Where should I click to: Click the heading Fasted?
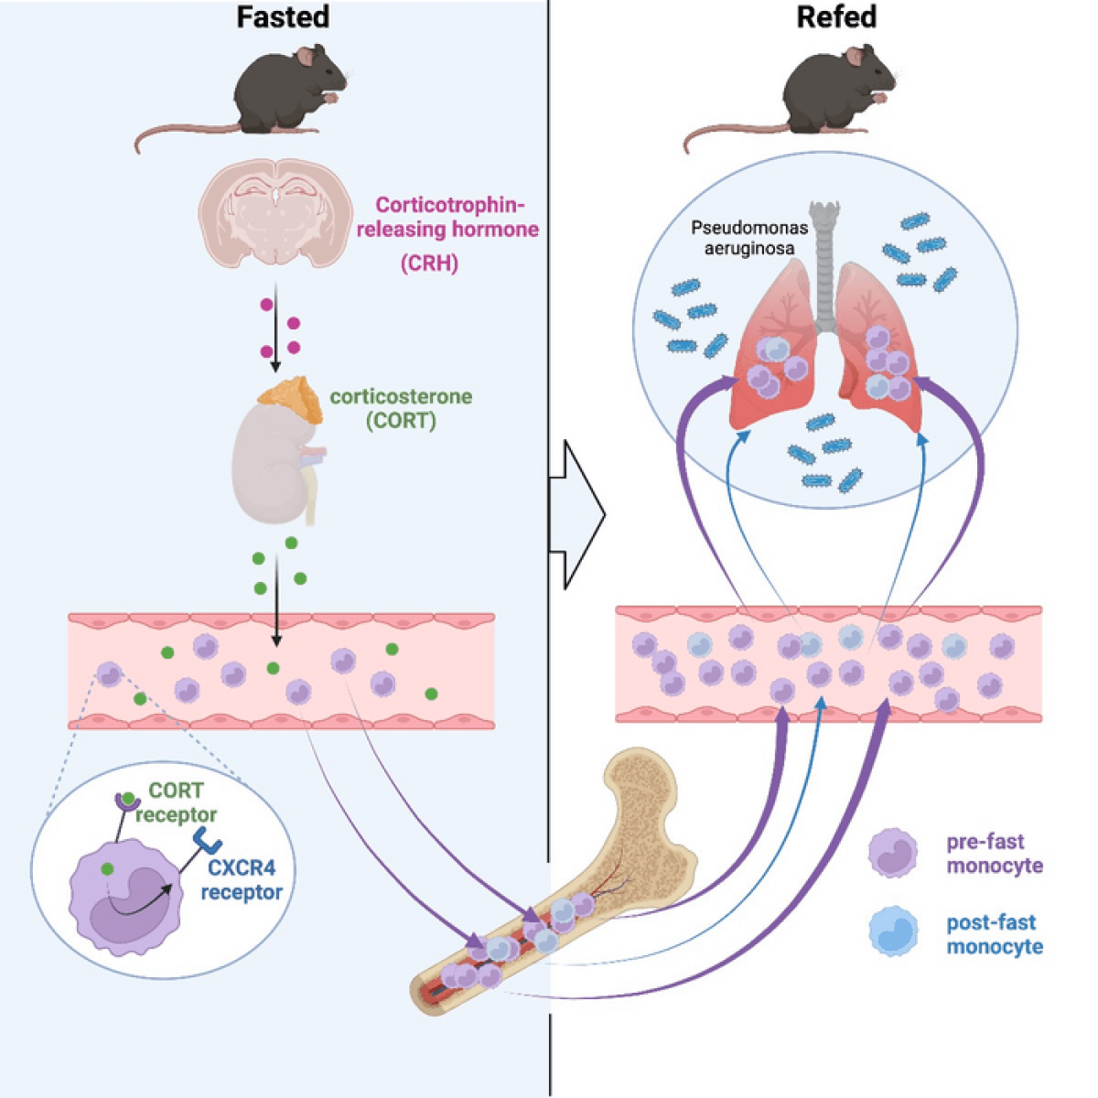click(283, 17)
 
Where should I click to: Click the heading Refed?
click(836, 17)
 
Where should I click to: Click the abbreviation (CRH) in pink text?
click(429, 263)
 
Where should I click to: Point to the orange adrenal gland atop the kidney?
click(290, 400)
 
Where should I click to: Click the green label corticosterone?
click(401, 397)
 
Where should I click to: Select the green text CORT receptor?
click(177, 802)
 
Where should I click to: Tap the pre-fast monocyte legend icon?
click(893, 853)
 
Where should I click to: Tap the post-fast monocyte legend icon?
click(893, 932)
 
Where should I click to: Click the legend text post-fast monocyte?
click(995, 934)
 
